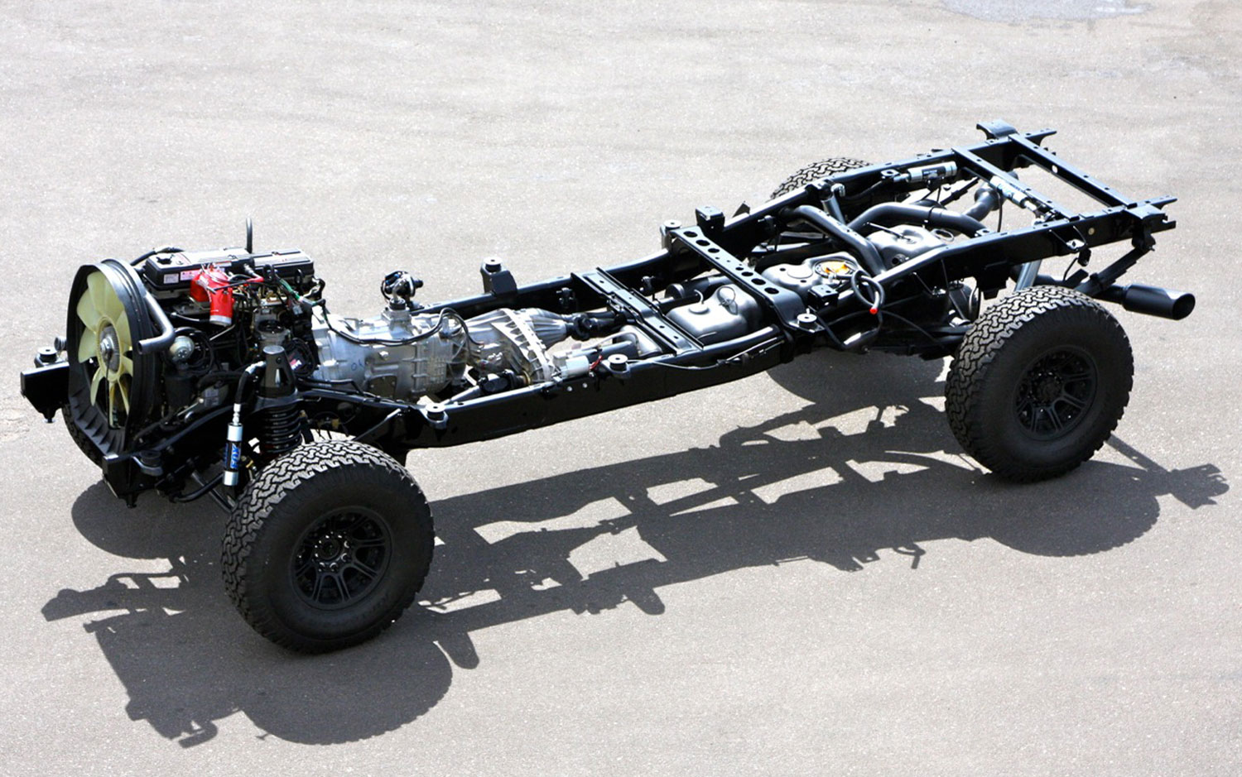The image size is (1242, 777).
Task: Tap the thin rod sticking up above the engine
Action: [248, 235]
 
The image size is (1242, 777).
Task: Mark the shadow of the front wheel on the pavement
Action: [273, 679]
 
